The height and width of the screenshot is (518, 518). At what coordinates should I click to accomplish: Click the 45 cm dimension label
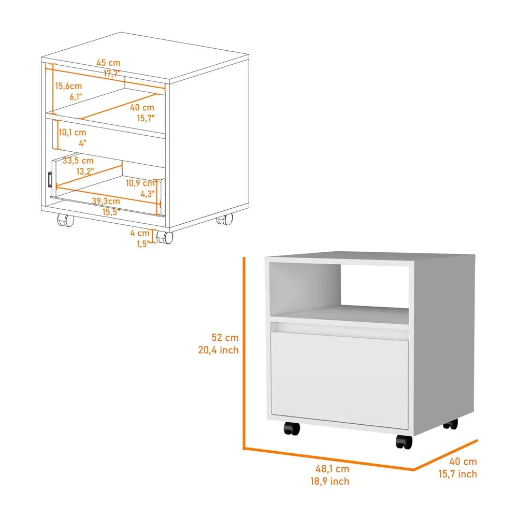click(x=108, y=63)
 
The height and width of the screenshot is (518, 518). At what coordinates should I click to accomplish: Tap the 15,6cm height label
click(x=69, y=85)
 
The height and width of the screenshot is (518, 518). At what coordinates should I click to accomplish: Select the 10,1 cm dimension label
click(x=72, y=132)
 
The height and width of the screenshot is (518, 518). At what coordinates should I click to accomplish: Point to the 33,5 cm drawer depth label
click(x=78, y=161)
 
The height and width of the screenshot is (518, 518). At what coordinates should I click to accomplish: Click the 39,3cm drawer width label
click(x=106, y=200)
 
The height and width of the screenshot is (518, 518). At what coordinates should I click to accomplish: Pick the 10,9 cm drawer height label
click(x=140, y=183)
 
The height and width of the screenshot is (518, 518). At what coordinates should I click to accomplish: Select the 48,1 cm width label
click(x=332, y=469)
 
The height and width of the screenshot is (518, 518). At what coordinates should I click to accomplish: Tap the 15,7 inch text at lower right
click(x=457, y=474)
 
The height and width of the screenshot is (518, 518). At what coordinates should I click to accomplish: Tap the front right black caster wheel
click(x=404, y=442)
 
